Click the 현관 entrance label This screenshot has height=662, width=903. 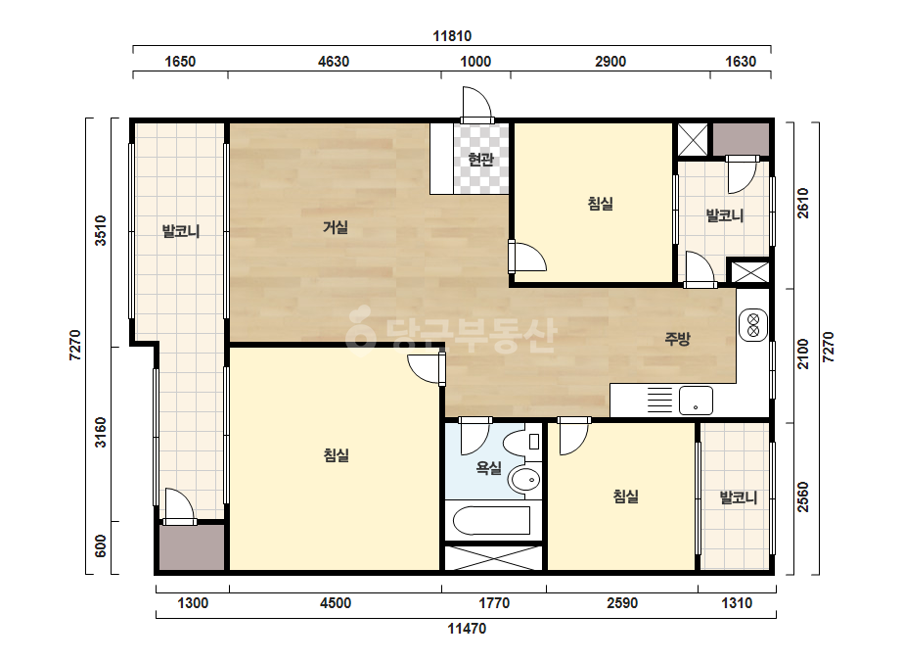click(480, 160)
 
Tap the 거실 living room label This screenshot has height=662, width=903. click(336, 227)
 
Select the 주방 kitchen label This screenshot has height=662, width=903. click(677, 339)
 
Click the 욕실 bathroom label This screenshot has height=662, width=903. click(488, 468)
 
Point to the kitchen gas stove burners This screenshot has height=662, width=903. click(752, 325)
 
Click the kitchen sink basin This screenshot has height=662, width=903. click(696, 401)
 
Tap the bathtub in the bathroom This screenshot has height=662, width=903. click(491, 521)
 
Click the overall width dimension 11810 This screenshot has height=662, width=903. click(452, 36)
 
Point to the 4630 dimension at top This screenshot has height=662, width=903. click(334, 62)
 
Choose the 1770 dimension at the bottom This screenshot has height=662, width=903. click(494, 603)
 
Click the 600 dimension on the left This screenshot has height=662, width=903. click(100, 546)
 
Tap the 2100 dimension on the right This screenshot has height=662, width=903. click(802, 355)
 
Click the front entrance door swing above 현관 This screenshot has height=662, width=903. click(476, 104)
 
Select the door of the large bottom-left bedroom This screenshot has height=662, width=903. click(427, 368)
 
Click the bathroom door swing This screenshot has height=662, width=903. click(475, 436)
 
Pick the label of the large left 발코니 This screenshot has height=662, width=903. click(181, 232)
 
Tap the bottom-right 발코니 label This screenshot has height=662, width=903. click(739, 497)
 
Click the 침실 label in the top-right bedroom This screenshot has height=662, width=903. click(600, 203)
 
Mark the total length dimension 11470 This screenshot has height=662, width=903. click(467, 629)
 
